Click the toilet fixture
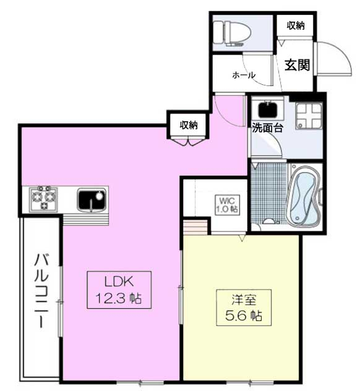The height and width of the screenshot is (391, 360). tap(228, 33)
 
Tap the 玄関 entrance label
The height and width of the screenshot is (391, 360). tap(297, 65)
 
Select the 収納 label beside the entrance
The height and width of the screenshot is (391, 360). tap(296, 25)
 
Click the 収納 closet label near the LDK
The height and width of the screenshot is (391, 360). tap(189, 125)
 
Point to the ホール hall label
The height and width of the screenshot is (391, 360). tap(244, 75)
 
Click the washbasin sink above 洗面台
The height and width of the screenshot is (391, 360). tap(268, 110)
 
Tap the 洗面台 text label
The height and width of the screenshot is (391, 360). tap(267, 128)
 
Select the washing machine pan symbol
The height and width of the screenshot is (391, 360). tap(309, 116)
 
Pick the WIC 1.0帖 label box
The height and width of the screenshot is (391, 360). tap(228, 205)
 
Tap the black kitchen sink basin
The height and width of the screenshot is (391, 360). tap(92, 199)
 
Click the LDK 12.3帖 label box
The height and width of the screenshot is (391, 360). tap(119, 290)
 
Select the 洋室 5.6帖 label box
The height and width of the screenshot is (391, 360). tap(244, 307)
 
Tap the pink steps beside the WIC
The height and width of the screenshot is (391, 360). tap(195, 227)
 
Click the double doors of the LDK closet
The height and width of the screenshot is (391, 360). tap(189, 141)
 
